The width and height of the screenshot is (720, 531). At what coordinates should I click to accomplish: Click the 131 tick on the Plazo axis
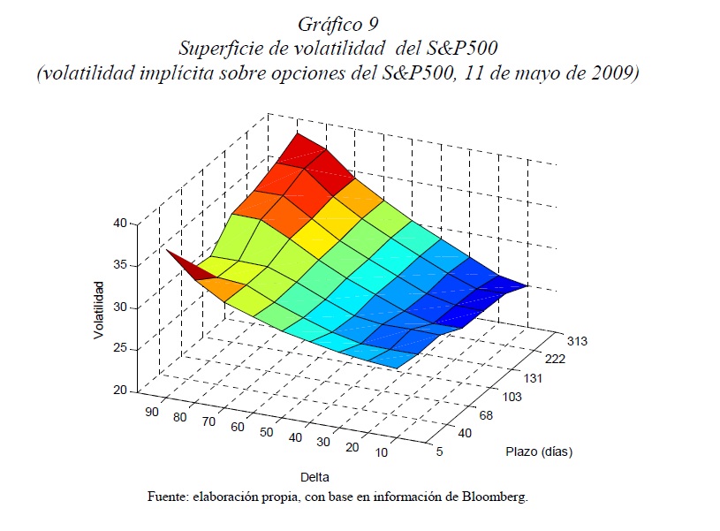pos(532,377)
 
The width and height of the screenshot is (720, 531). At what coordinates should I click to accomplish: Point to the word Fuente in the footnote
pos(168,497)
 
